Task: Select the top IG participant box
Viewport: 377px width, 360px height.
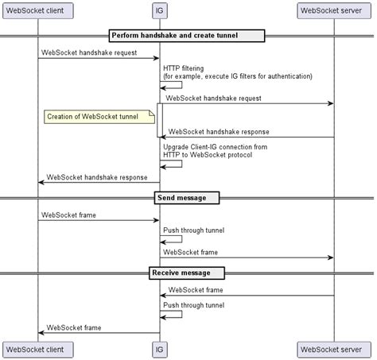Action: pos(160,11)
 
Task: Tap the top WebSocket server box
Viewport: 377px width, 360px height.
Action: pos(334,11)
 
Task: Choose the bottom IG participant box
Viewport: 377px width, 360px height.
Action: pos(160,348)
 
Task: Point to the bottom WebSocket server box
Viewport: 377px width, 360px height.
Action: pos(334,348)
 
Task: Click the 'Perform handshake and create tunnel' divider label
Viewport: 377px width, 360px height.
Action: pos(186,35)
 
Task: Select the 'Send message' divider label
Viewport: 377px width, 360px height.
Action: pos(186,197)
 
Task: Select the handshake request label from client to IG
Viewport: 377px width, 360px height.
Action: pos(88,52)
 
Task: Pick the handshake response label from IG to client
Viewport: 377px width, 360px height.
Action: pos(96,176)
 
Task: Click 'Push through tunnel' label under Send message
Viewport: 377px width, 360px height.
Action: pos(193,230)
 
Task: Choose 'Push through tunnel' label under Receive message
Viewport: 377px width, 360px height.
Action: pos(193,304)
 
